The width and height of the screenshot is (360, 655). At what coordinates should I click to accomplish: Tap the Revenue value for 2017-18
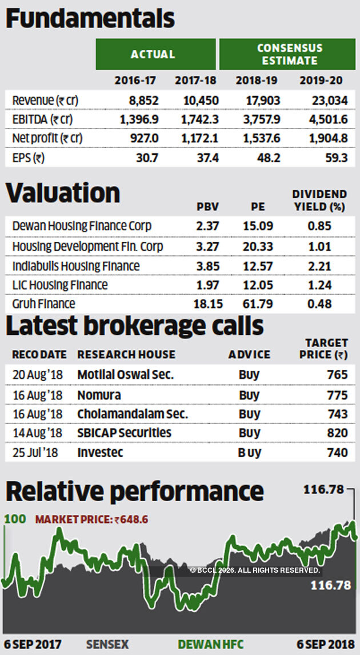coord(201,101)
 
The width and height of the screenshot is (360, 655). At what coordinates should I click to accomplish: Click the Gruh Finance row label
coord(44,303)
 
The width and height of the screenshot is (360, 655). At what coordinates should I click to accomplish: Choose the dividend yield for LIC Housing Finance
coord(319,285)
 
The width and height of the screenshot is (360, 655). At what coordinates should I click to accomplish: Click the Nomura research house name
coord(99,395)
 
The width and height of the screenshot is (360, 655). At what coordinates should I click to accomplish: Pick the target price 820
coord(337,433)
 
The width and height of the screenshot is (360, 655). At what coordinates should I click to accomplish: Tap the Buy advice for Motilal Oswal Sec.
coord(249,375)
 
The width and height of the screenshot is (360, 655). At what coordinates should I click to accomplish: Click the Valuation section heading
coord(63,193)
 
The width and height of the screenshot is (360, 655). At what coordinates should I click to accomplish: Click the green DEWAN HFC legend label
coord(210,645)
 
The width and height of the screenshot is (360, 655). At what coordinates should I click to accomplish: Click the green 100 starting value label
coord(15,520)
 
